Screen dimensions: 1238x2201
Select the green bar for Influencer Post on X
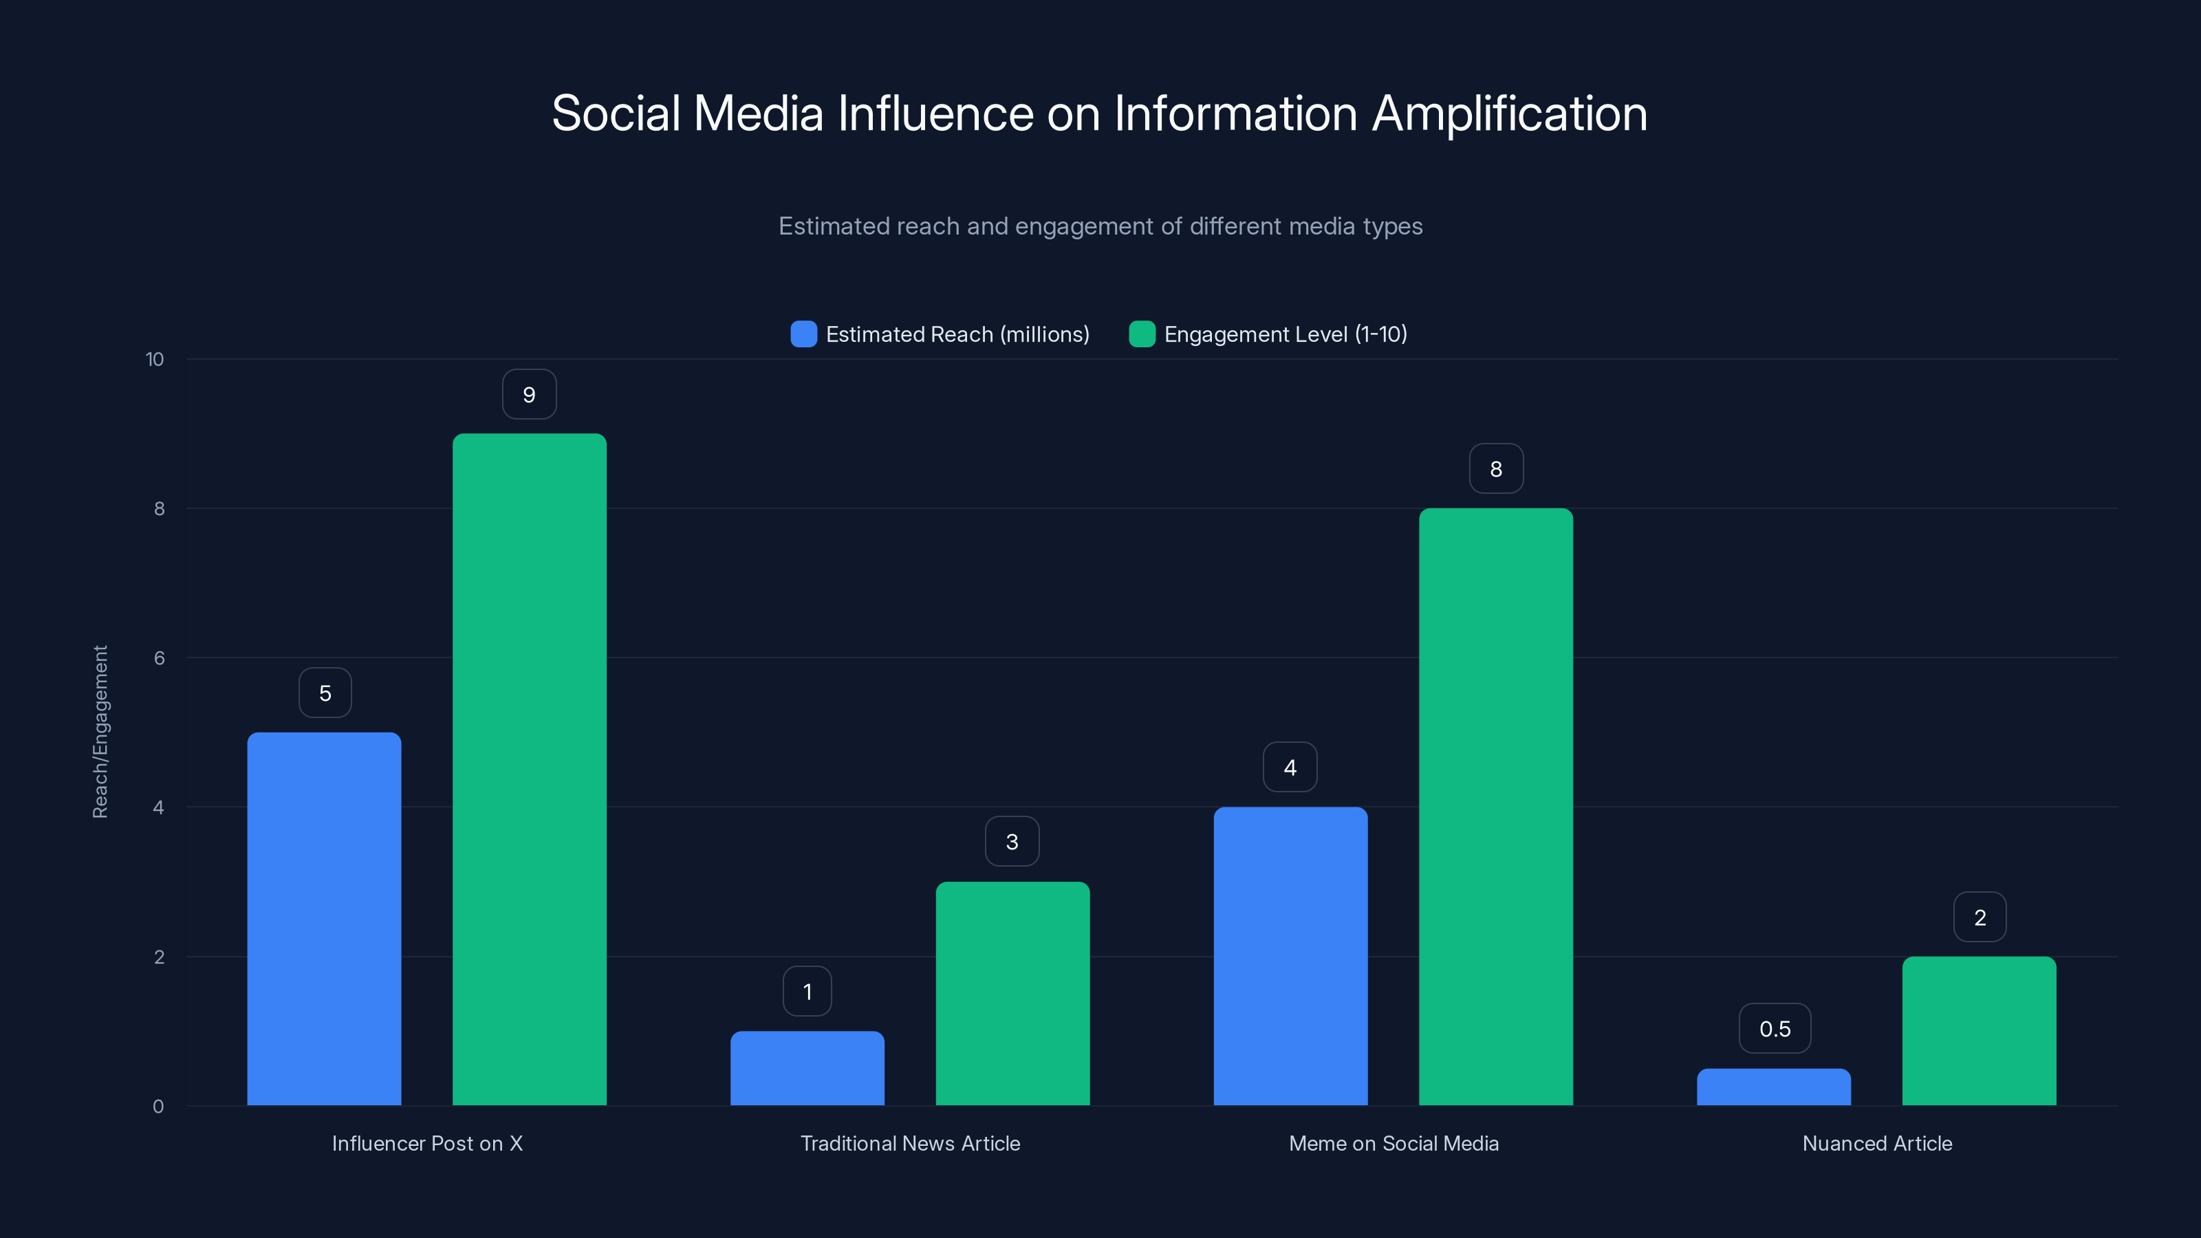click(529, 769)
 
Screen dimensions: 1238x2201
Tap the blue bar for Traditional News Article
click(807, 1068)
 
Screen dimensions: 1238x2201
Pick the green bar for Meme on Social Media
click(1495, 807)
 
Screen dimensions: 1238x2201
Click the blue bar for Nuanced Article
click(1773, 1087)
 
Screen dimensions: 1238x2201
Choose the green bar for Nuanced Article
click(1979, 1030)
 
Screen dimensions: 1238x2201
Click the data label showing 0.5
click(1775, 1029)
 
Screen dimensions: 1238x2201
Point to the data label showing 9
click(529, 395)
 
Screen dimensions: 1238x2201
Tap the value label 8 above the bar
click(1495, 469)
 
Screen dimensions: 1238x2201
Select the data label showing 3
click(1012, 842)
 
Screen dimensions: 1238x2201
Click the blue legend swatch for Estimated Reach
click(803, 334)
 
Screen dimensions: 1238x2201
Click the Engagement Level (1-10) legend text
click(1285, 334)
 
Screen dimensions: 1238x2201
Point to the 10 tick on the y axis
click(155, 359)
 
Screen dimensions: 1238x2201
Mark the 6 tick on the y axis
click(159, 658)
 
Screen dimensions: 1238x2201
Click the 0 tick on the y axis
click(158, 1107)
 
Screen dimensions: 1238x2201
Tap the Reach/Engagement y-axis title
click(100, 732)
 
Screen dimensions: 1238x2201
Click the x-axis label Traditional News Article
click(910, 1143)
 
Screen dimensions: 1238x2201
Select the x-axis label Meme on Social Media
click(1394, 1143)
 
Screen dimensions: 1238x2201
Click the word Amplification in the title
click(1509, 113)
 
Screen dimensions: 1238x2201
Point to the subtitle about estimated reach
click(1100, 226)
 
